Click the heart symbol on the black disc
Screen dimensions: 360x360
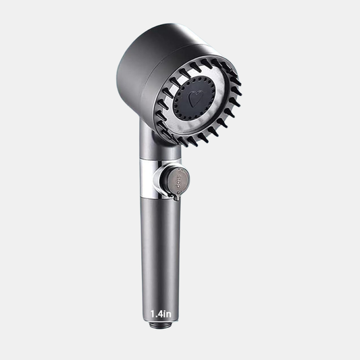200,99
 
